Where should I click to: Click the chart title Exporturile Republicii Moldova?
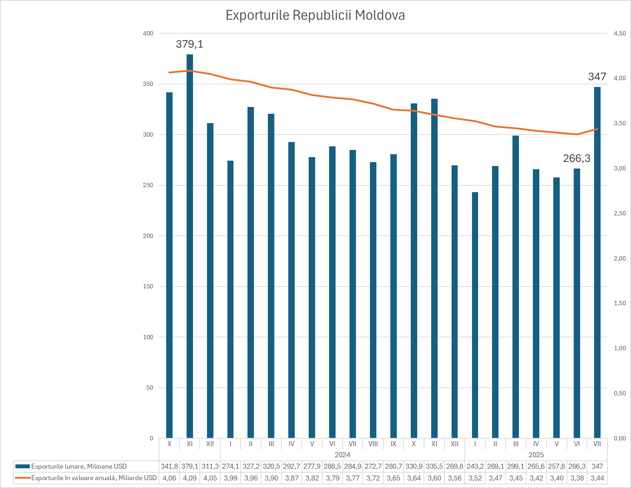[315, 15]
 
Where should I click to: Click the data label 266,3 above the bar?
[577, 158]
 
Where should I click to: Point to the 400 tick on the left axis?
[148, 33]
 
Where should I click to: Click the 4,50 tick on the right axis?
[620, 33]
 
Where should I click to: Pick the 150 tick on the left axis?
[148, 286]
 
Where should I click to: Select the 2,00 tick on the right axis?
[620, 258]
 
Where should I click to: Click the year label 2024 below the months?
[342, 455]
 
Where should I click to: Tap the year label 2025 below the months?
[536, 455]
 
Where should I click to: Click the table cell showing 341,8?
[169, 466]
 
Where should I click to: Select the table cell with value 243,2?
[475, 466]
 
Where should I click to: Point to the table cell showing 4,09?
[190, 478]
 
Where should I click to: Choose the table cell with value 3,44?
[597, 478]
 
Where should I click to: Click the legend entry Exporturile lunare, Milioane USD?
[79, 466]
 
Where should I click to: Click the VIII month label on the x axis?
[373, 444]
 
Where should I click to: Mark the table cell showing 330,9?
[414, 466]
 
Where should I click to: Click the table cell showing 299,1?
[516, 466]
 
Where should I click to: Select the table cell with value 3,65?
[394, 478]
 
